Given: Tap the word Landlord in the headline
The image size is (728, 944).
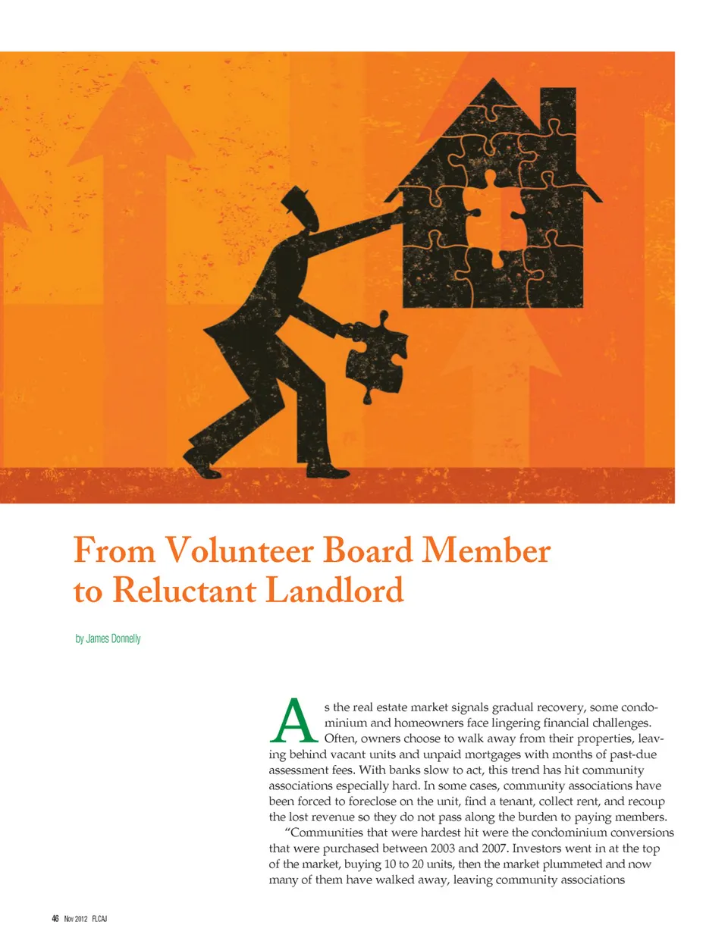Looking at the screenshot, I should tap(334, 591).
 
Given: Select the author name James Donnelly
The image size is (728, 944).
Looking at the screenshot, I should tap(113, 638).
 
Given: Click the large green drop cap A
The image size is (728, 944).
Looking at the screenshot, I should tap(293, 721).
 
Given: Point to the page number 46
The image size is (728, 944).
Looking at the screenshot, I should tap(55, 918).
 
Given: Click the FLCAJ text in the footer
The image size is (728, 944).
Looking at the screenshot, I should tap(99, 918).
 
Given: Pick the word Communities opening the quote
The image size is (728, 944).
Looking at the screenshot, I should tap(325, 833).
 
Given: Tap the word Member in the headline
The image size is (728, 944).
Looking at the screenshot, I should tap(486, 550).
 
